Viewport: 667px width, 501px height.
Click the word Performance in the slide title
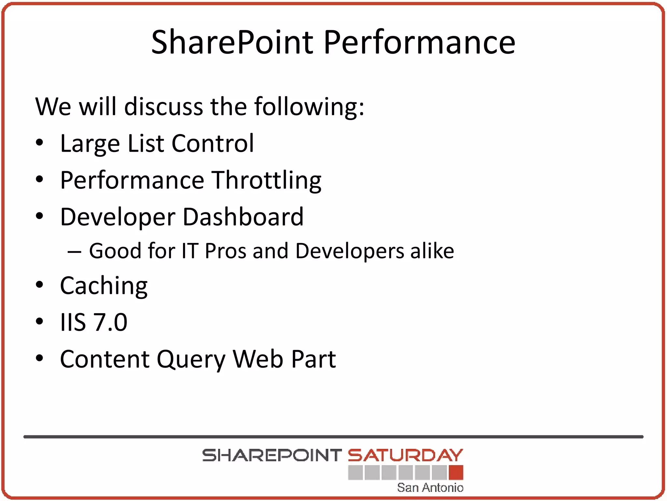(x=419, y=42)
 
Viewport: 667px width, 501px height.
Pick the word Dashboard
(x=243, y=217)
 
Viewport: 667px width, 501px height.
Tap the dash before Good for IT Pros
(x=74, y=251)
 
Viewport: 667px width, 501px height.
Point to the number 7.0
(x=110, y=322)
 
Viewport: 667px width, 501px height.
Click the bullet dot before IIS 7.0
(x=39, y=322)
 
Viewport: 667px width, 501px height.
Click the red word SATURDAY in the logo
(x=405, y=456)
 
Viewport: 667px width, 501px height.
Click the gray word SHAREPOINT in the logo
(x=272, y=456)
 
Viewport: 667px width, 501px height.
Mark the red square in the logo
(x=456, y=473)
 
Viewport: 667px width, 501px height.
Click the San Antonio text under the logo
(x=430, y=488)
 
